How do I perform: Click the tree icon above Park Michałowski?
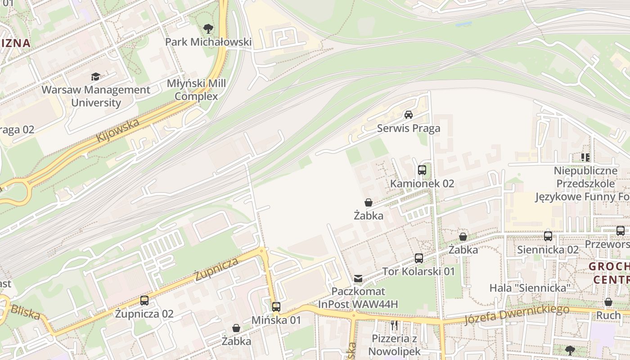click(208, 29)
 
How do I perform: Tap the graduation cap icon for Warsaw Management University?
click(95, 76)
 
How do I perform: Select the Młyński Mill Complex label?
click(196, 90)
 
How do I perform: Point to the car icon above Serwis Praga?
click(409, 115)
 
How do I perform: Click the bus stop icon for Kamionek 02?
click(422, 170)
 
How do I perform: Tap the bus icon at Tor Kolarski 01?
click(419, 258)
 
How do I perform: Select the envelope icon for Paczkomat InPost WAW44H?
click(358, 279)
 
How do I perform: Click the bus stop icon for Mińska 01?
click(276, 307)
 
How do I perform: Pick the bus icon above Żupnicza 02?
click(144, 301)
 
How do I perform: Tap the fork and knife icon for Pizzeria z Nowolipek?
click(394, 325)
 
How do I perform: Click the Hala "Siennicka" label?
click(530, 288)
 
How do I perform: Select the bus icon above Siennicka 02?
click(548, 236)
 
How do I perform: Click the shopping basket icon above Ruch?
click(608, 302)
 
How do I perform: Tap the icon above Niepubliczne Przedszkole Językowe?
click(585, 157)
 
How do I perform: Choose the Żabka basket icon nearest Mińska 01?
click(236, 328)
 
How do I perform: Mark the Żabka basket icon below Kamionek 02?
click(368, 202)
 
